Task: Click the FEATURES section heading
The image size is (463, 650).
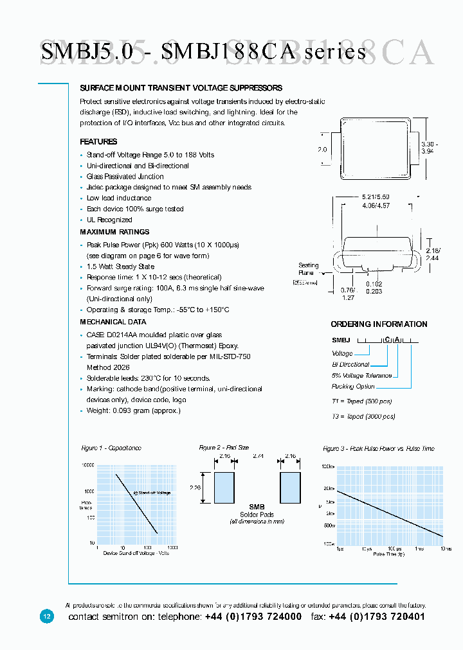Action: [x=98, y=141]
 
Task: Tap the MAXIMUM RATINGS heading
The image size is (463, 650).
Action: [x=114, y=232]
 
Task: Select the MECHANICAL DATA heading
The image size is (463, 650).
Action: [x=113, y=322]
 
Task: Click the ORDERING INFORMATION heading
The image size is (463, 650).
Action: [x=379, y=324]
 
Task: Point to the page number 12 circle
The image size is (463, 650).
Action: [x=46, y=616]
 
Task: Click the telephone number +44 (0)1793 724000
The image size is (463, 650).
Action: [x=253, y=617]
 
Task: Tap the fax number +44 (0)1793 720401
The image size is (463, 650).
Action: [x=377, y=617]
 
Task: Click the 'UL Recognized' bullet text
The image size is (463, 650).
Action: [x=109, y=220]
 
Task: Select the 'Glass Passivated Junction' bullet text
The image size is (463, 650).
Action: [x=125, y=177]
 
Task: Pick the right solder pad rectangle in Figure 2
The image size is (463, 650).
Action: [x=291, y=489]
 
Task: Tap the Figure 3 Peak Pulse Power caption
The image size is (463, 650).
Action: [x=378, y=448]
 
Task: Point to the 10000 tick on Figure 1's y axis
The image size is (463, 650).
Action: [x=86, y=465]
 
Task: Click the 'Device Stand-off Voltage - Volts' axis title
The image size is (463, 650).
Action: [x=136, y=553]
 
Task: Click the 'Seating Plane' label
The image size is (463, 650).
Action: [x=307, y=269]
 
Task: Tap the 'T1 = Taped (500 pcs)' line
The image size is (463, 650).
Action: [x=361, y=401]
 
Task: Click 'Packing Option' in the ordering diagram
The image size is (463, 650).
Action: [x=353, y=387]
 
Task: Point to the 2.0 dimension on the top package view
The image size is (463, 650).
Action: [x=322, y=150]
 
